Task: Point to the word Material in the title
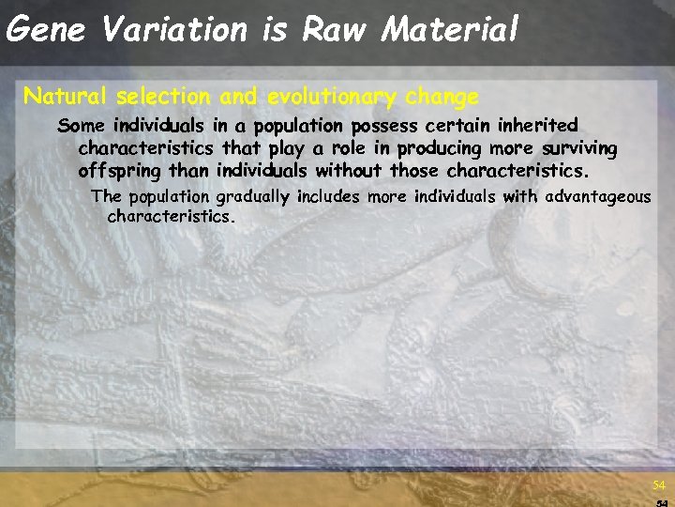(449, 30)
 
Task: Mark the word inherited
(537, 126)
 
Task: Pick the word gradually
(253, 197)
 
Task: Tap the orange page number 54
(659, 485)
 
